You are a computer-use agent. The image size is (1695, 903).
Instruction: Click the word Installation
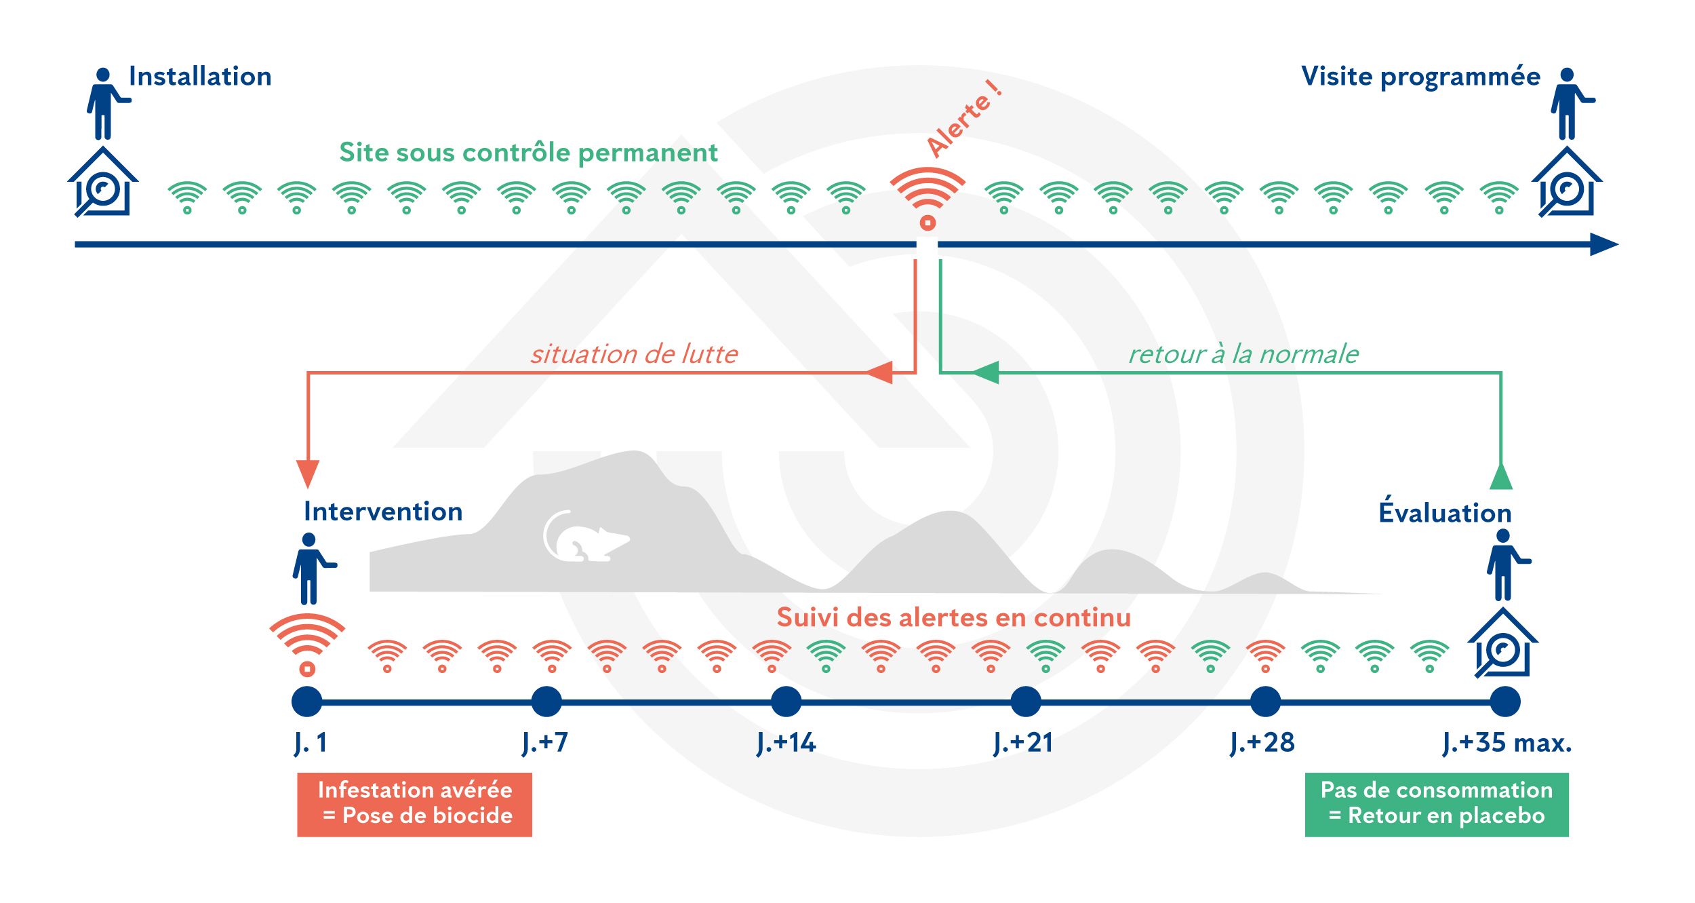coord(200,77)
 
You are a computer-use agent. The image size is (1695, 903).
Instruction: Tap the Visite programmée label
coord(1420,77)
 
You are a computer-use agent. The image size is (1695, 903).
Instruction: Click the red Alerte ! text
coord(963,119)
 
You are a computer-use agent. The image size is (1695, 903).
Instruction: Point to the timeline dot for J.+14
coord(786,702)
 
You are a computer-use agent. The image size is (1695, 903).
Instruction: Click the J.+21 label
coord(1023,743)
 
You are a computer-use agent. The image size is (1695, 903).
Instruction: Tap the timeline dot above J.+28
coord(1265,702)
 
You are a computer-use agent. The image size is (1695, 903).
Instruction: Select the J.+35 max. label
coord(1507,743)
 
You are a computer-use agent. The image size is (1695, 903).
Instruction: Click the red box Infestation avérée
coord(414,804)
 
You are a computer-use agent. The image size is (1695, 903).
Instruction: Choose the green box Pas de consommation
coord(1436,804)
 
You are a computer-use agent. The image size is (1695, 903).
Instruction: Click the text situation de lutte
coord(634,354)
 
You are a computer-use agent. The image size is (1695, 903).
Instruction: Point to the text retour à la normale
coord(1243,354)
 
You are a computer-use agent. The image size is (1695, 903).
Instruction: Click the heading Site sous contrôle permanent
coord(528,153)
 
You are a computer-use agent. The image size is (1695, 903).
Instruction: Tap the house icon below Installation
coord(103,183)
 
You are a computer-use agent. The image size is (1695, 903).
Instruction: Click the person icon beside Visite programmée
coord(1569,103)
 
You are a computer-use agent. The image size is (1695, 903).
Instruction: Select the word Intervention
coord(383,512)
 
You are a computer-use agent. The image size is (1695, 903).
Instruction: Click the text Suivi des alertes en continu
coord(953,618)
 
